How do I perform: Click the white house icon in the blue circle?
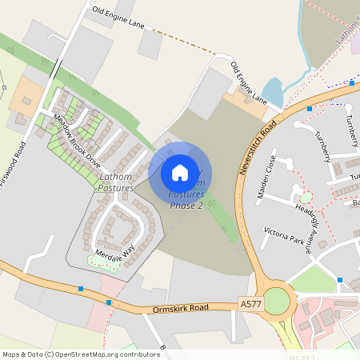180,172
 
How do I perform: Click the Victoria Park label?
286,239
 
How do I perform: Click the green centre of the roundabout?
276,301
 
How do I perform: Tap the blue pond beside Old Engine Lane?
273,92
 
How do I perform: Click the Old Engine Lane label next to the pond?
249,83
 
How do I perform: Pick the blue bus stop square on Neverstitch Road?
310,109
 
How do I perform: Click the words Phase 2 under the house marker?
186,206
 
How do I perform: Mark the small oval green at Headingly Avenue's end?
305,197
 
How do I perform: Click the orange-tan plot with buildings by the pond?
244,102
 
